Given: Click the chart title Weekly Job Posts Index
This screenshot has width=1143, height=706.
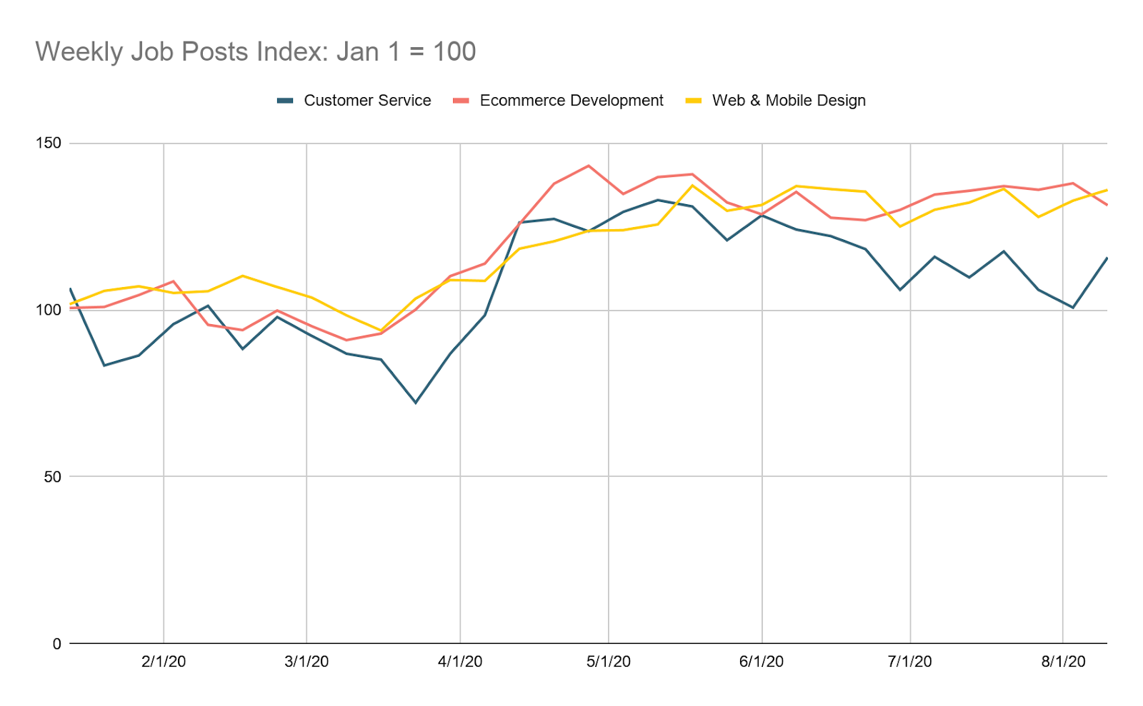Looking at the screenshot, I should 255,52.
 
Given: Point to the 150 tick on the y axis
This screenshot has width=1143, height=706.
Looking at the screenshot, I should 49,143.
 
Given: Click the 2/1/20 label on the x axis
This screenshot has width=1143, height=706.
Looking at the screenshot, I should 164,662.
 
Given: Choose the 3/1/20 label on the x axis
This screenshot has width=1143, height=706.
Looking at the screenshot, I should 306,662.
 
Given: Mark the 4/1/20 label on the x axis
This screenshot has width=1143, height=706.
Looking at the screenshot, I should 460,662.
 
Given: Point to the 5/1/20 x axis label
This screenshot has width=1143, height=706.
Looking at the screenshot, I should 609,662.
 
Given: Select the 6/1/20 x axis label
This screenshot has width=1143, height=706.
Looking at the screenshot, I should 762,662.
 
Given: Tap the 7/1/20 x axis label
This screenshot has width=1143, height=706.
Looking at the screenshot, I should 910,662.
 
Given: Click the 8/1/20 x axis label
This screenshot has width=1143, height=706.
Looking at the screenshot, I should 1063,662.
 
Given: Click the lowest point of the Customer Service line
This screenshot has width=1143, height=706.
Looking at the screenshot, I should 415,403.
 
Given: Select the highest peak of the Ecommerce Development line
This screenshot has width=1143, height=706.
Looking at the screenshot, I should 589,166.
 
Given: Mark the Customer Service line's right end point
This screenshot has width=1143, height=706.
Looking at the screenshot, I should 1107,258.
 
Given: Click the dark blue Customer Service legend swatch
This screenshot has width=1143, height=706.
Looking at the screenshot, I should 286,101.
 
